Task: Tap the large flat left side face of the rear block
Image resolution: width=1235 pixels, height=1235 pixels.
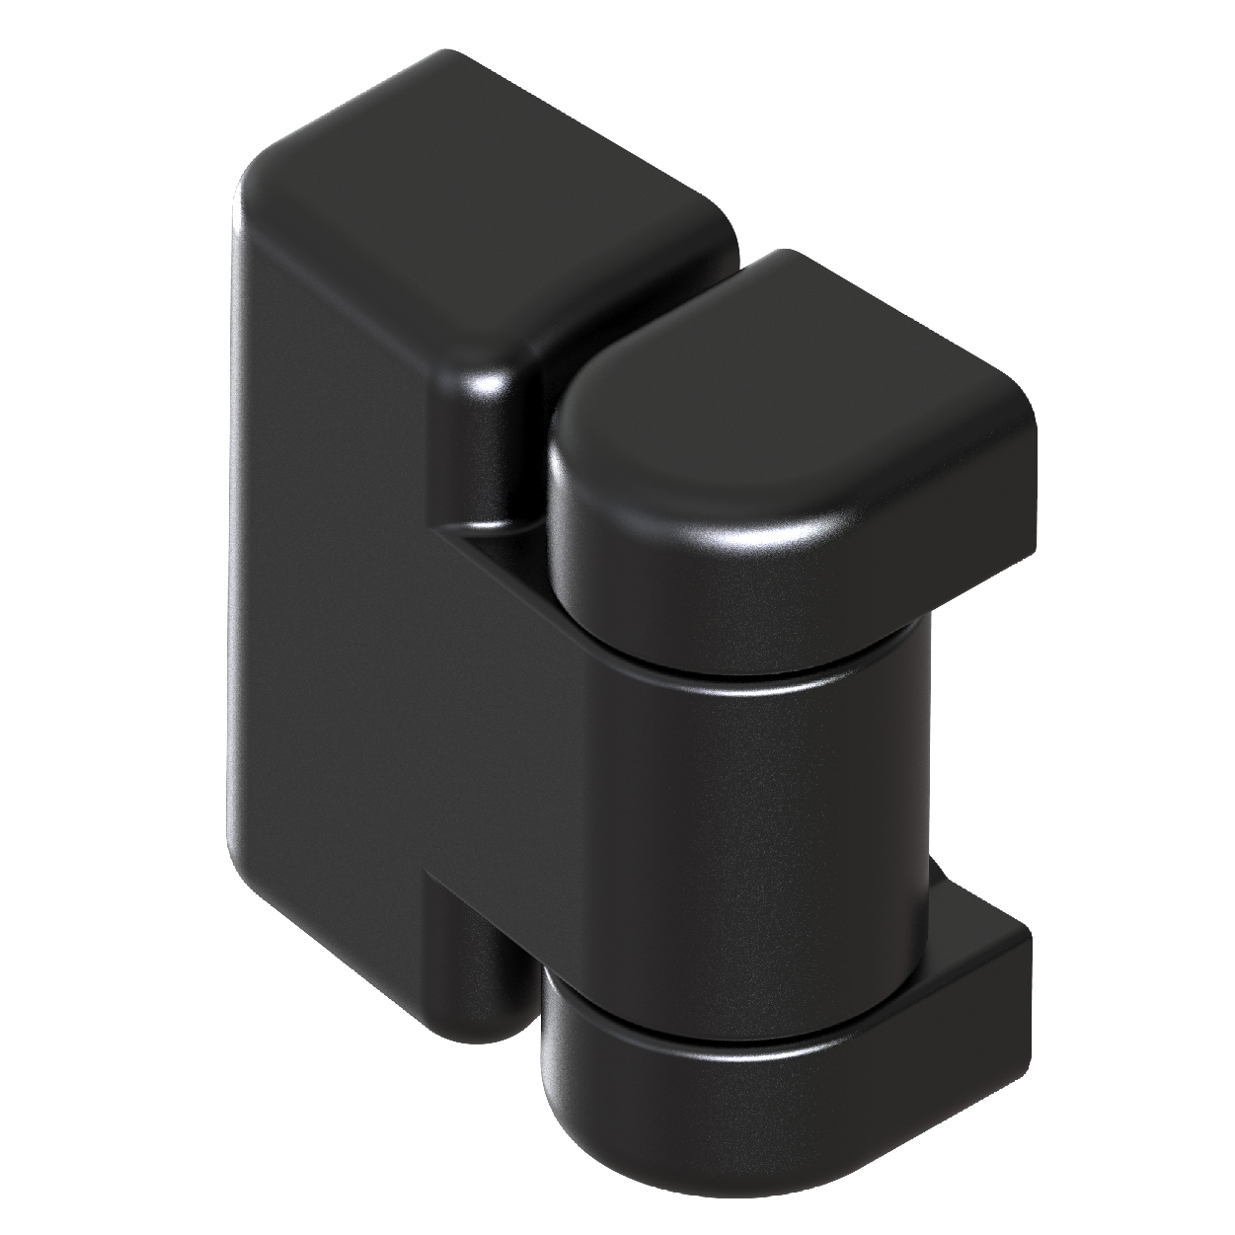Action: click(x=326, y=592)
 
